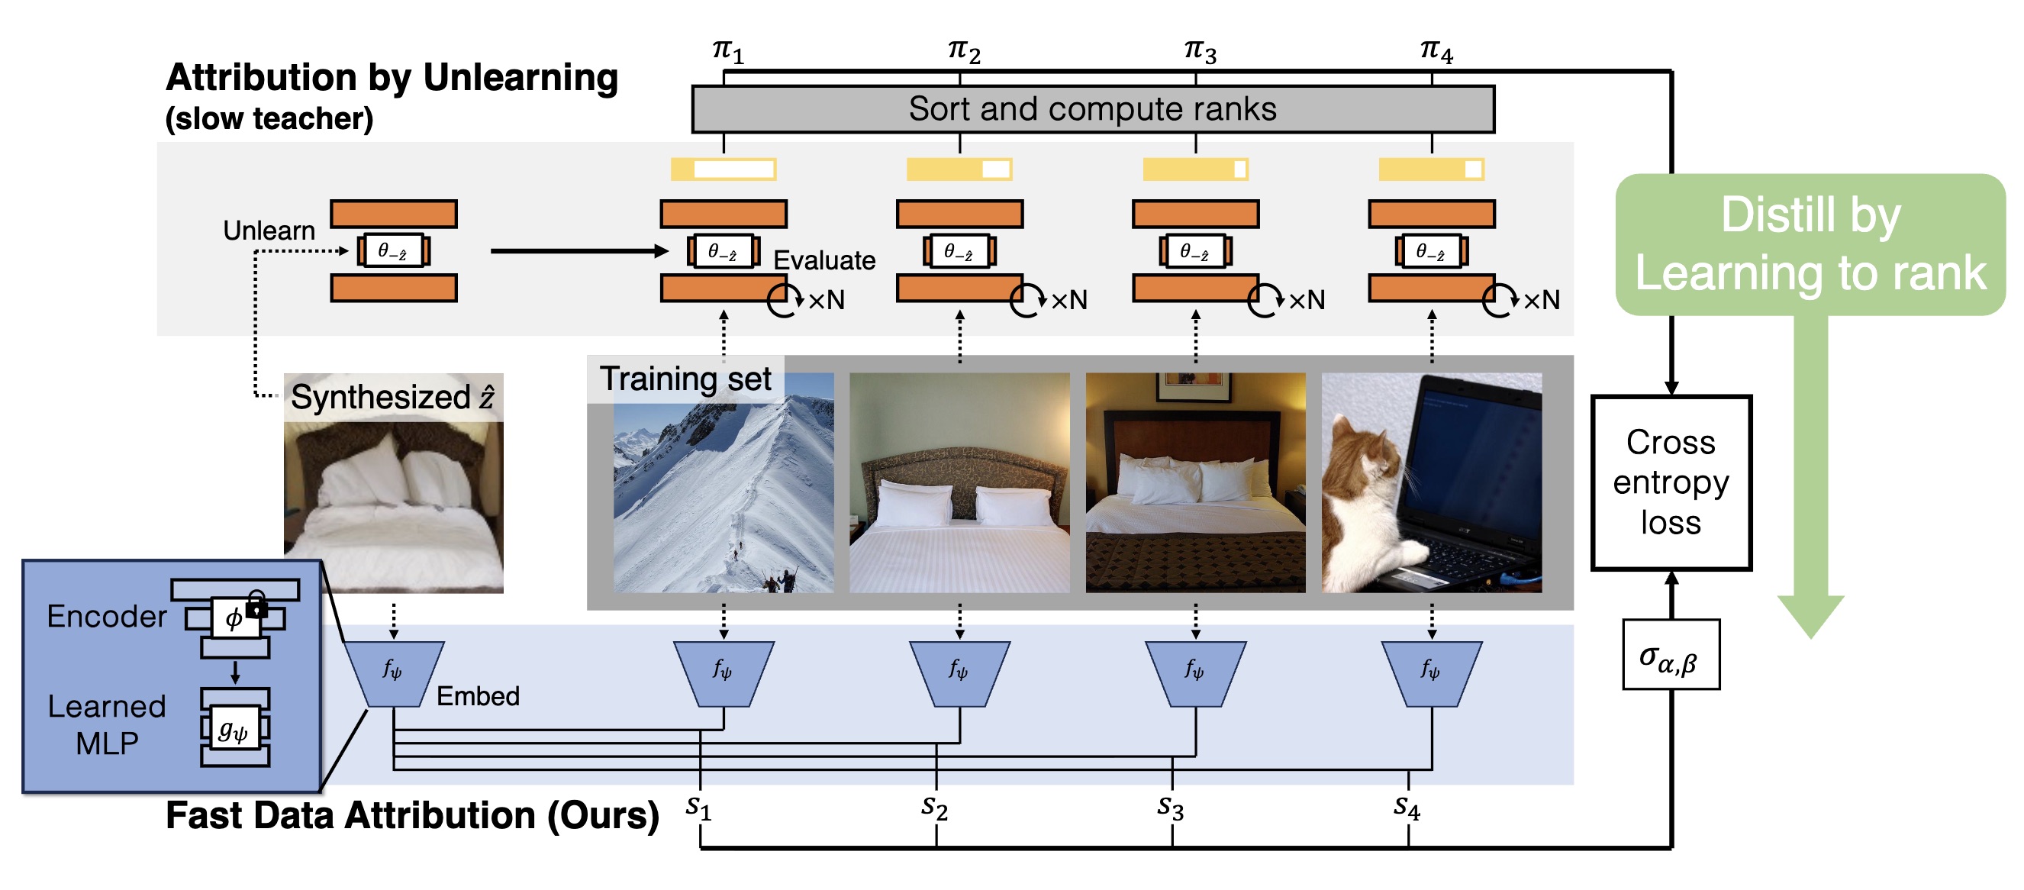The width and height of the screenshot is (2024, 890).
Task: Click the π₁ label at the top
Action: coord(727,51)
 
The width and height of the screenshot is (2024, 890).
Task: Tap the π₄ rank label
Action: coord(1436,51)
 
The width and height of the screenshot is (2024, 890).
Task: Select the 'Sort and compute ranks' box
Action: coord(1092,109)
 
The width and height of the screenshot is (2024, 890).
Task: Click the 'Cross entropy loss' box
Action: coord(1671,482)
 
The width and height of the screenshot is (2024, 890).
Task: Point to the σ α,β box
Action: coord(1671,655)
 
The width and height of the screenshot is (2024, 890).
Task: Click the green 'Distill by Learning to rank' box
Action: coord(1810,244)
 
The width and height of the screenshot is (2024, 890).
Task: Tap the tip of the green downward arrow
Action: coord(1811,632)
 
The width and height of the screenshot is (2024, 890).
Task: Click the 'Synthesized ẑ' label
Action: coord(392,397)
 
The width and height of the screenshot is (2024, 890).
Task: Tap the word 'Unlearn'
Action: coord(269,231)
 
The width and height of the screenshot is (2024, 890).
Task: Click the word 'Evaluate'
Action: coord(823,260)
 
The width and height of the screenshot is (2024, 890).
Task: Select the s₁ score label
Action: coord(698,807)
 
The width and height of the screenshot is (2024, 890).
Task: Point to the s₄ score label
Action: coord(1407,807)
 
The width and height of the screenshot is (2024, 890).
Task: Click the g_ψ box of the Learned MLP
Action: coord(234,730)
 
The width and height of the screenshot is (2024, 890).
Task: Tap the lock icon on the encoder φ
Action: coord(256,605)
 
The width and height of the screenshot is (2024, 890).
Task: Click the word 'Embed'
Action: coord(478,696)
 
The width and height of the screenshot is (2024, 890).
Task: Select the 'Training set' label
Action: coord(685,379)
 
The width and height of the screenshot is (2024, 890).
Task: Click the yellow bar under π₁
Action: coord(723,169)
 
